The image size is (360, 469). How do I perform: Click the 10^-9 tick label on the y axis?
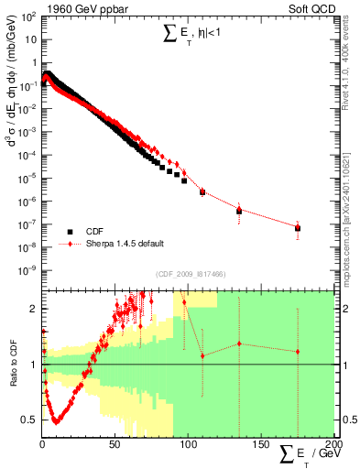click(x=28, y=270)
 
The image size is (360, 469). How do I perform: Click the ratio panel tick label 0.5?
click(x=31, y=420)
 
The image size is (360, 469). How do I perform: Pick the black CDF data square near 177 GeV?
click(x=297, y=227)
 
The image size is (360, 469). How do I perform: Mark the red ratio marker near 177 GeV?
click(x=297, y=352)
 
